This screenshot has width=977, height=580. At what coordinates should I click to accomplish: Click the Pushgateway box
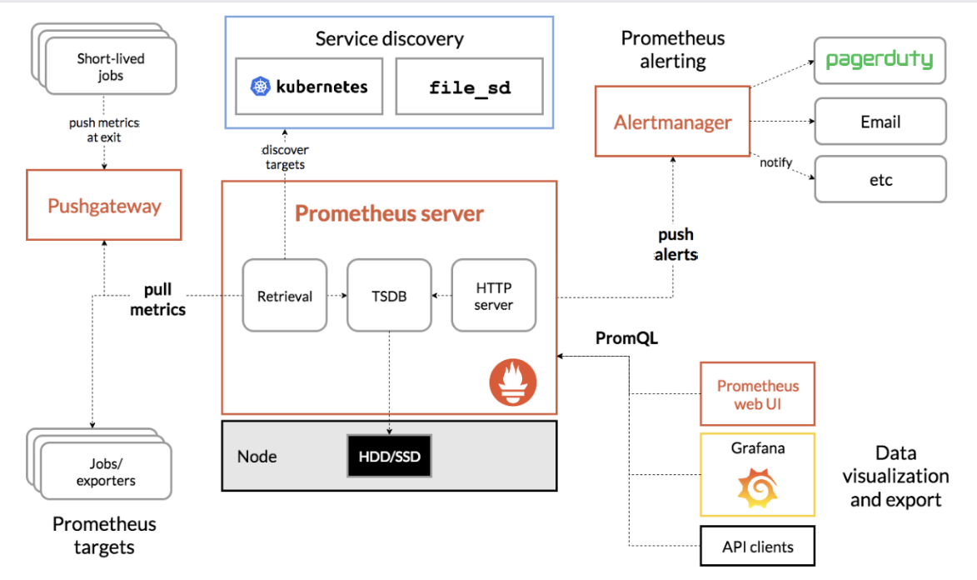[x=104, y=204]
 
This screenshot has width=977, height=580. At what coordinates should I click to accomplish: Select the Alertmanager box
[x=672, y=121]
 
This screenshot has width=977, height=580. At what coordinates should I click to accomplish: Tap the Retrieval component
[x=285, y=295]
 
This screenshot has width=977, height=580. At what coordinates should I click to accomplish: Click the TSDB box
[x=390, y=295]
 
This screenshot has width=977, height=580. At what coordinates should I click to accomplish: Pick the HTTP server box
[x=493, y=295]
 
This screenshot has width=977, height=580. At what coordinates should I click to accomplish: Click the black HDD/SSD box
[x=390, y=456]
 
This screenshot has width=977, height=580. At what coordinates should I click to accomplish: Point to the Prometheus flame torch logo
[x=513, y=382]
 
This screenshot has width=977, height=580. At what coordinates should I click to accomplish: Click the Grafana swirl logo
[x=758, y=487]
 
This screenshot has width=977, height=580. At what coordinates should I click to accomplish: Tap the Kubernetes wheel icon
[x=261, y=86]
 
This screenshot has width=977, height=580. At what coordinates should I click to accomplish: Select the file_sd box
[x=469, y=87]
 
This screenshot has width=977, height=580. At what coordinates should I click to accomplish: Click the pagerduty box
[x=880, y=61]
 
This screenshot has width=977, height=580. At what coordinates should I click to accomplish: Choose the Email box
[x=880, y=121]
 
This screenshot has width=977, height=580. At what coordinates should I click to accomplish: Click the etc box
[x=880, y=180]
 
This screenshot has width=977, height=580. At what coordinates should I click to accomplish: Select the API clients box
[x=758, y=547]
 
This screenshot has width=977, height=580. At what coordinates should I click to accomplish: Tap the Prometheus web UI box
[x=758, y=394]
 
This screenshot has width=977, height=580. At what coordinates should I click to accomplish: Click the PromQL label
[x=626, y=338]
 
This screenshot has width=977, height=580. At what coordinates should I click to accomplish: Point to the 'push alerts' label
[x=676, y=244]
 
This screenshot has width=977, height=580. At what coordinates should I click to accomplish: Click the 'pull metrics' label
[x=157, y=299]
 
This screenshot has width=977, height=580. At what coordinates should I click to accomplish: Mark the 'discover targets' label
[x=285, y=157]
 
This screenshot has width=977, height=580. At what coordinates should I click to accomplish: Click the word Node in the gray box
[x=257, y=457]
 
